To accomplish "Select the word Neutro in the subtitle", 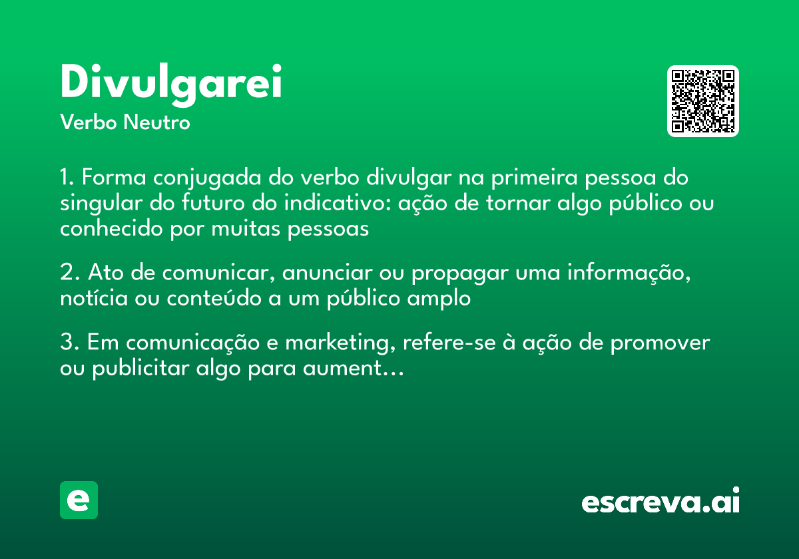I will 156,122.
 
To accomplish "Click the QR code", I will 703,101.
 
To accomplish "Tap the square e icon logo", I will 79,500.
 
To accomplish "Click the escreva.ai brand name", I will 661,502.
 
